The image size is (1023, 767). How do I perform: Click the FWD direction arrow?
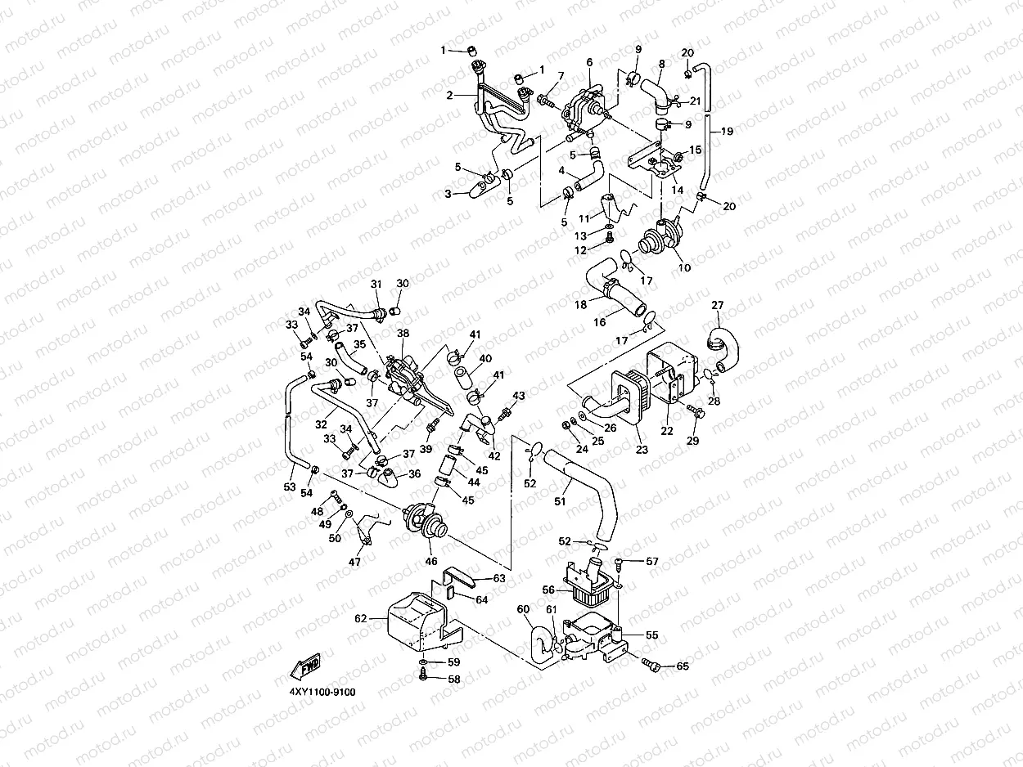[x=305, y=666]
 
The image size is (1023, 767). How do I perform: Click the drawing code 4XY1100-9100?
[x=322, y=693]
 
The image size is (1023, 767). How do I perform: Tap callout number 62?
[x=361, y=618]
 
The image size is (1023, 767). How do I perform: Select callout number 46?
[x=431, y=561]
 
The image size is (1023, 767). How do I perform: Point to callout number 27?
[x=717, y=305]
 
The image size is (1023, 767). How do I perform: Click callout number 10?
[x=684, y=267]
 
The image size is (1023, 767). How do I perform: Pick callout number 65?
[x=683, y=666]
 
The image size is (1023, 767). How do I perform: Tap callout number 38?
[x=403, y=333]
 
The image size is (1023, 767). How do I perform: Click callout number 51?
[x=560, y=501]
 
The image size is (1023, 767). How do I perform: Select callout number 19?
[x=727, y=132]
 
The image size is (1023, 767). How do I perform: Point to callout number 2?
[x=449, y=96]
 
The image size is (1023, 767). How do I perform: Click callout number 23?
[x=642, y=450]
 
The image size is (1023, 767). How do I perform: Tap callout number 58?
[x=454, y=679]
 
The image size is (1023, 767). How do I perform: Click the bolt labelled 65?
[x=651, y=665]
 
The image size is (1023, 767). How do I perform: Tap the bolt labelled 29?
[x=696, y=411]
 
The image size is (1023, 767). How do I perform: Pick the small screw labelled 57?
[x=620, y=563]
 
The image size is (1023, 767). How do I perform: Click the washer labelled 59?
[x=423, y=662]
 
